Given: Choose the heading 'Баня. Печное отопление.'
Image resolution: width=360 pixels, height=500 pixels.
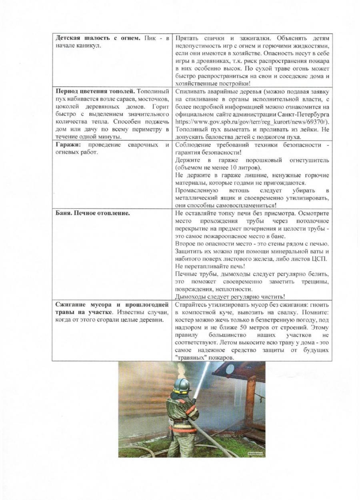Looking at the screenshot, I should click(92, 213).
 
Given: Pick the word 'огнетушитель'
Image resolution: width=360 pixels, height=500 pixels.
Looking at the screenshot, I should click(309, 160).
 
